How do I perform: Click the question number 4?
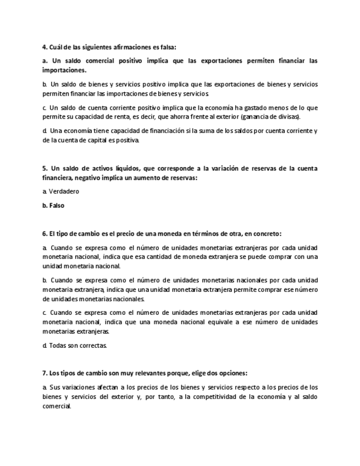(x=45, y=47)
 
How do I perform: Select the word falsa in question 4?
(x=166, y=47)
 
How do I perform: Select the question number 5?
(x=45, y=168)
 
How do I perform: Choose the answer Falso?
(x=56, y=206)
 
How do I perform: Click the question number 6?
(x=45, y=234)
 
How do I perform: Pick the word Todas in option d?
(x=58, y=345)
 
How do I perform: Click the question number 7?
(x=45, y=373)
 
